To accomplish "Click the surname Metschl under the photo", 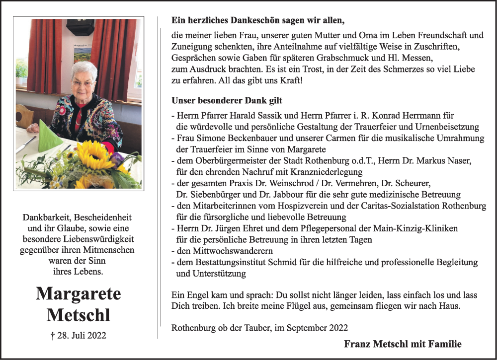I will [78, 315].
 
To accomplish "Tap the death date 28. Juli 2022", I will [78, 336].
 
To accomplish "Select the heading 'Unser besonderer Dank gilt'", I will [227, 100].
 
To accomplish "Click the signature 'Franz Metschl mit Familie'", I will [403, 344].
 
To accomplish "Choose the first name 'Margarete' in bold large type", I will [78, 293].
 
